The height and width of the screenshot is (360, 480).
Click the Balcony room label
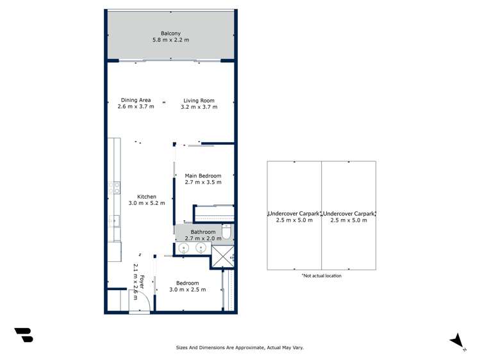pyautogui.click(x=170, y=33)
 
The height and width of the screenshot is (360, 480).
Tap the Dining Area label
pyautogui.click(x=136, y=100)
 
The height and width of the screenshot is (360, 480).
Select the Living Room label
pyautogui.click(x=199, y=101)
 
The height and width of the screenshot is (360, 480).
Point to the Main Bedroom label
pyautogui.click(x=203, y=176)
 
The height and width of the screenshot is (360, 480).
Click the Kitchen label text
pyautogui.click(x=147, y=197)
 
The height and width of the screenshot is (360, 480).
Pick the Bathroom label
pyautogui.click(x=203, y=232)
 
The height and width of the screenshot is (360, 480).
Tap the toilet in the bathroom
pyautogui.click(x=228, y=231)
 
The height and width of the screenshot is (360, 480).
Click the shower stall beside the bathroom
pyautogui.click(x=222, y=256)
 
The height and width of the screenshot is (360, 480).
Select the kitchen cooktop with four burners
pyautogui.click(x=114, y=188)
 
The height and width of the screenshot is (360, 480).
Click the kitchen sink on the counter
pyautogui.click(x=114, y=221)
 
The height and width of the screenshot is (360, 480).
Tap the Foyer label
pyautogui.click(x=142, y=282)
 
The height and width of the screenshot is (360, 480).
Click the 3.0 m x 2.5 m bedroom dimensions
pyautogui.click(x=188, y=290)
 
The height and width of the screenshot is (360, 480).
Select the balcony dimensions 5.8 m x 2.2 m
pyautogui.click(x=171, y=40)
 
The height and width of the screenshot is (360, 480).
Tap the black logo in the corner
pyautogui.click(x=24, y=335)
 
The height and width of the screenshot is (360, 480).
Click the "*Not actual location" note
pyautogui.click(x=322, y=275)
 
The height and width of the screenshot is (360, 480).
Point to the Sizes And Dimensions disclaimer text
pyautogui.click(x=240, y=347)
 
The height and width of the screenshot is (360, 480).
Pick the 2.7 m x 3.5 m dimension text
pyautogui.click(x=203, y=183)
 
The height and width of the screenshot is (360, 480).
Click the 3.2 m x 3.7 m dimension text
pyautogui.click(x=199, y=107)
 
